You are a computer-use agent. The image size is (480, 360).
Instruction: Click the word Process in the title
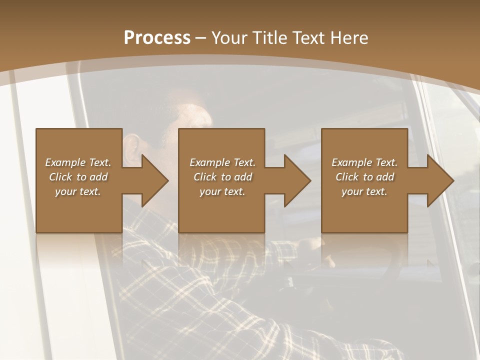coord(157,38)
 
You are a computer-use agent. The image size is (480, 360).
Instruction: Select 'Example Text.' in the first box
coord(78,162)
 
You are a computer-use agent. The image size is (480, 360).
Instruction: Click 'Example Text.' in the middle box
coord(222,162)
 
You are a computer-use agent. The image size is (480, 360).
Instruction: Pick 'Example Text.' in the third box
coord(364,162)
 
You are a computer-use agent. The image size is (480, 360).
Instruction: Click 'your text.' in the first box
coord(78,191)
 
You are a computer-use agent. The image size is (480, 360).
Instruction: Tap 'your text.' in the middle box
coord(222,191)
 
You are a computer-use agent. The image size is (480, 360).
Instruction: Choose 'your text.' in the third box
coord(364,191)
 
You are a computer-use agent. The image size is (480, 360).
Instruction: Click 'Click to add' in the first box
coord(78,177)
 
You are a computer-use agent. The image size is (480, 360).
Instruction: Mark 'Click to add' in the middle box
coord(222,177)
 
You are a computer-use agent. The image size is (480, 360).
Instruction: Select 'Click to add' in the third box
coord(364,177)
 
